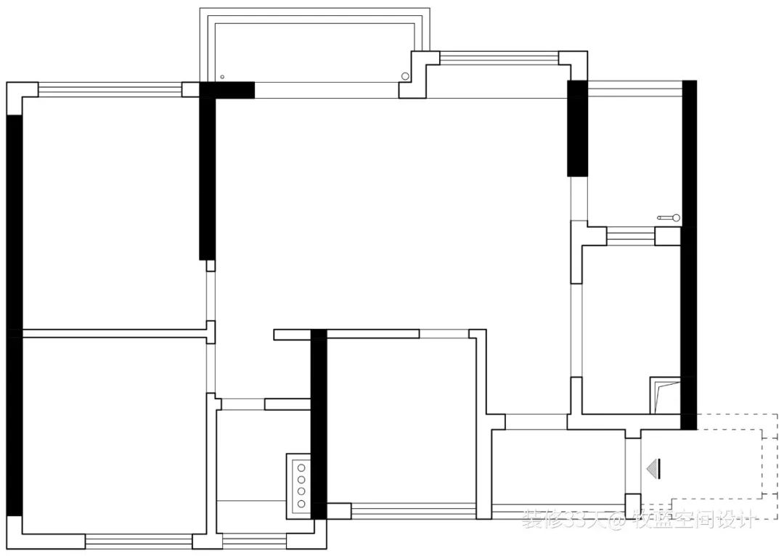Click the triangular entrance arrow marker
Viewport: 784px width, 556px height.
pyautogui.click(x=656, y=468)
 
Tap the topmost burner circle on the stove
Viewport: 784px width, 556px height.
pyautogui.click(x=301, y=469)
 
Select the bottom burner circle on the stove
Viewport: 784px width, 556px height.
pyautogui.click(x=301, y=502)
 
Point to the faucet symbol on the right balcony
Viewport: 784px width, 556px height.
pyautogui.click(x=669, y=217)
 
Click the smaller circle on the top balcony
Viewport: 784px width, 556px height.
pyautogui.click(x=223, y=77)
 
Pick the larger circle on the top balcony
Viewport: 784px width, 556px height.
pyautogui.click(x=405, y=76)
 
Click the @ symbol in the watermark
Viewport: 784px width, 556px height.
pyautogui.click(x=617, y=519)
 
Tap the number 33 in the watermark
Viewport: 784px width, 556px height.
pyautogui.click(x=579, y=519)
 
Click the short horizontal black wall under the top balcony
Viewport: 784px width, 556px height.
pyautogui.click(x=226, y=90)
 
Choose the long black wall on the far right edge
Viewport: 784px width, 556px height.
pyautogui.click(x=689, y=254)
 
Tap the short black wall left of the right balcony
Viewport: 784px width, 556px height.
pyautogui.click(x=576, y=128)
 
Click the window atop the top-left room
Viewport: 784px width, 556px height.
pyautogui.click(x=110, y=90)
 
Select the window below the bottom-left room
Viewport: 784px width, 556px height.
pyautogui.click(x=139, y=541)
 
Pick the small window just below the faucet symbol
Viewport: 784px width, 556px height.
pyautogui.click(x=631, y=236)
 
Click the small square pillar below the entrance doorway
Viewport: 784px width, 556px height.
pyautogui.click(x=632, y=505)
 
